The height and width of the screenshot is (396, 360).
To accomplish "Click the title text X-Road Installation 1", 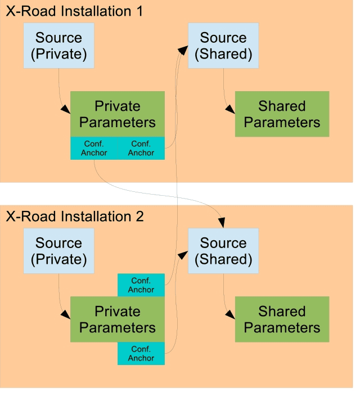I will coord(75,11).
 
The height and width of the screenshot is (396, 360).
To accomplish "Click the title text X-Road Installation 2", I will coord(75,217).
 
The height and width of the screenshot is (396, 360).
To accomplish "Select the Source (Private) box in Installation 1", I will coord(58,46).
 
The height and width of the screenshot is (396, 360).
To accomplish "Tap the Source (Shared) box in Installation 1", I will coord(223,46).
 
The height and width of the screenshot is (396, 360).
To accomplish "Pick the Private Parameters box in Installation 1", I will coord(118,114).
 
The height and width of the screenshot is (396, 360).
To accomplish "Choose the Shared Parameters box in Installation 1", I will coord(282,114).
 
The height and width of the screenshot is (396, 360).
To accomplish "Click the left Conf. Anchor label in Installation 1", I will coord(94,148).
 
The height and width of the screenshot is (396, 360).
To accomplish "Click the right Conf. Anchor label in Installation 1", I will coord(141,148).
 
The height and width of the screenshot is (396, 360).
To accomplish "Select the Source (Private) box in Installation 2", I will coord(58,251).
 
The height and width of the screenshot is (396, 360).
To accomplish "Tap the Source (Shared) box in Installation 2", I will coord(223,251).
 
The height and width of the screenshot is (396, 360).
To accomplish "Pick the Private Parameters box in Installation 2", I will coord(118,319).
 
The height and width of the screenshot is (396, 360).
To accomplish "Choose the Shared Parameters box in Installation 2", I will coord(282,319).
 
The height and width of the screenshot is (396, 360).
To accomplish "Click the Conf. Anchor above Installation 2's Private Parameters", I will coord(141,285).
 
